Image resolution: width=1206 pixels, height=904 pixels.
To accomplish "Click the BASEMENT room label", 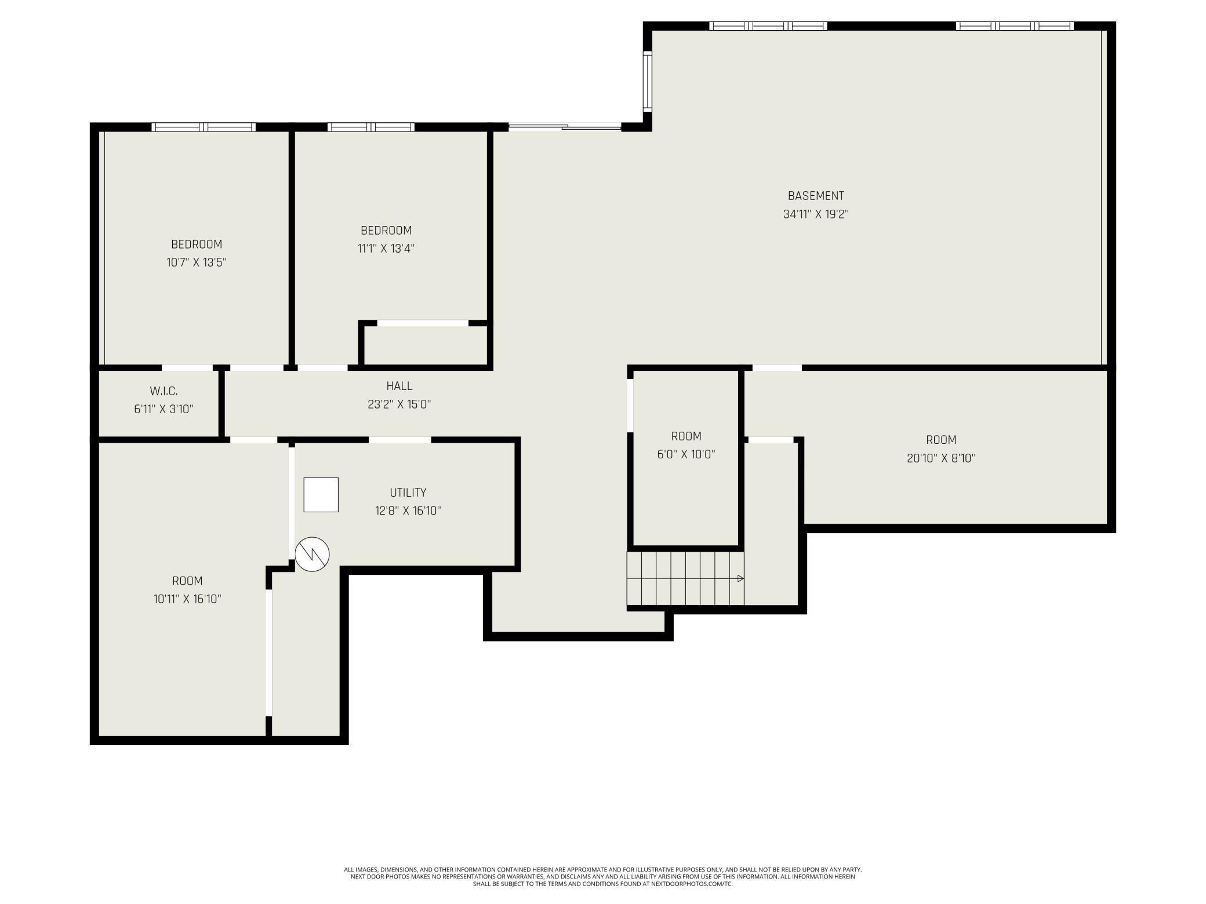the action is (816, 196).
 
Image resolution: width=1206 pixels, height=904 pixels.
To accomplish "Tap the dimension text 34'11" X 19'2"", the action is (816, 214).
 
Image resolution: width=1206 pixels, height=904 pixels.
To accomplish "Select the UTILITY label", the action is (408, 493).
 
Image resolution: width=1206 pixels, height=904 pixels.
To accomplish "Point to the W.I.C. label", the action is (164, 391).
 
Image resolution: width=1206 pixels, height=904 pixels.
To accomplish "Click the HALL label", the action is (399, 386).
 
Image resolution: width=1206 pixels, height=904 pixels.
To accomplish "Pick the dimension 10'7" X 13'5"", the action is (197, 263).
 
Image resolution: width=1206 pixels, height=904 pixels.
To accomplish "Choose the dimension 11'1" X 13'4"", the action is (386, 249).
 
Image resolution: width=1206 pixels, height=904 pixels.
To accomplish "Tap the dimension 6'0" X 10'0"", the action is (686, 454).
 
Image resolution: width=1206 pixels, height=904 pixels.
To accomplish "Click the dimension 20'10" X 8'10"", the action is (941, 458).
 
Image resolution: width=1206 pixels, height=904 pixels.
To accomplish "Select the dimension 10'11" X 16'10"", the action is (187, 599).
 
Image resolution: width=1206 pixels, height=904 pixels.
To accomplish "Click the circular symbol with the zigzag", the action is (312, 554).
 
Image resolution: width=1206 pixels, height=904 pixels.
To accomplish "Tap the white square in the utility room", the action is (321, 495).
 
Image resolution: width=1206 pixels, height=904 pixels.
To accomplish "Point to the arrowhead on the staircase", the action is (740, 578).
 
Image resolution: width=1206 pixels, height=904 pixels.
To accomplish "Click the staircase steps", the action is (685, 578).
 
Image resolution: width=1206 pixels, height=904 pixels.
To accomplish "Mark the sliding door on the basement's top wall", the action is (565, 127).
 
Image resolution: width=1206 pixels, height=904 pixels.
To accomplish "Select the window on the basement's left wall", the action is (648, 81).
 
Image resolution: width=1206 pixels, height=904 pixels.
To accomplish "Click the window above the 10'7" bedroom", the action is (204, 127).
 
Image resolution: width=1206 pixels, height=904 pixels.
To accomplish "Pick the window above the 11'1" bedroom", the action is (371, 127).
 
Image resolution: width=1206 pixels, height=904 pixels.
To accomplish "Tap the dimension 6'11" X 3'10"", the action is (164, 409).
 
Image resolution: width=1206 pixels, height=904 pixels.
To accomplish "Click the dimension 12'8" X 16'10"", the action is (408, 511).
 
